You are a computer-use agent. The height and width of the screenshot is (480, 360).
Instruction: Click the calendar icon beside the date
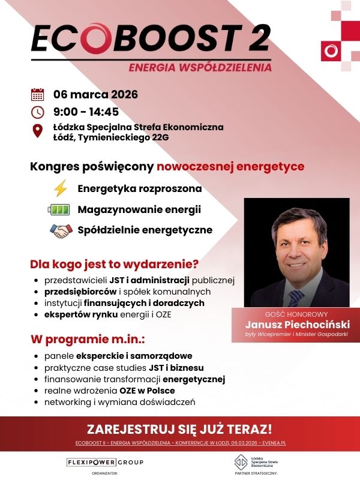(37, 94)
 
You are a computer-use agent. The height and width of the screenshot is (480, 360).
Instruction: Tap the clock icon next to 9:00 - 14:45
(37, 112)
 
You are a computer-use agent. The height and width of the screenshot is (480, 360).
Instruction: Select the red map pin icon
(37, 131)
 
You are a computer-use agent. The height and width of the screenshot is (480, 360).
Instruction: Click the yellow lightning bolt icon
(61, 189)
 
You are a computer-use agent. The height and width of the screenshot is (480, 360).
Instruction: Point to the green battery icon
(59, 210)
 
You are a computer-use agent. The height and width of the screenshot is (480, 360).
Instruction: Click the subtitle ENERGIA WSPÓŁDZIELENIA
(200, 67)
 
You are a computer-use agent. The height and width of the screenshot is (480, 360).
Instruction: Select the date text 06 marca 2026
(96, 94)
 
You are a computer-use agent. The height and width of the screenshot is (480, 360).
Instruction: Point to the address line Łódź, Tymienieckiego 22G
(111, 137)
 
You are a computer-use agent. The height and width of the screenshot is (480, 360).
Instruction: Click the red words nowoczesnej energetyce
(230, 166)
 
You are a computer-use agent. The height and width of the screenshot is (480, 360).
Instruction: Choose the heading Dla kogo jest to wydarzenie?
(115, 264)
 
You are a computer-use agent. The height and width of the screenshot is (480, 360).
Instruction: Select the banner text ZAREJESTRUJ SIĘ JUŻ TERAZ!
(179, 429)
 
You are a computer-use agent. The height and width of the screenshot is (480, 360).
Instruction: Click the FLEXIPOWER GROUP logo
(105, 462)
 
